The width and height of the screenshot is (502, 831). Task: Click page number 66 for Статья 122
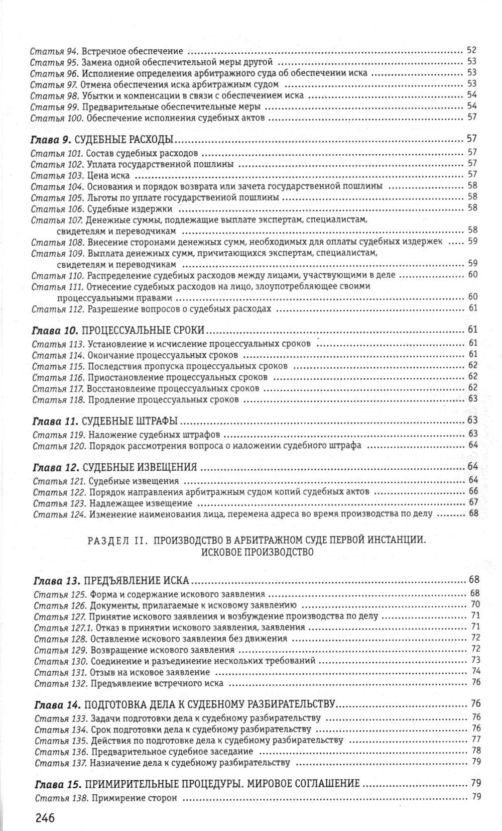click(473, 492)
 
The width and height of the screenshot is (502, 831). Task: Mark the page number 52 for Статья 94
click(471, 50)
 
